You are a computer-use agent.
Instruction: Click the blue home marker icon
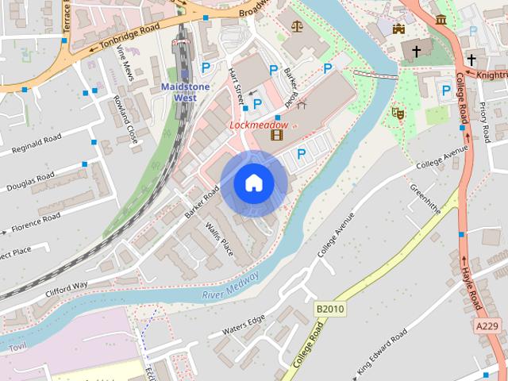click(253, 183)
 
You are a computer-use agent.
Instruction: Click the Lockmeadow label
click(260, 125)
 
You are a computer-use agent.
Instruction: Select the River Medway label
click(231, 285)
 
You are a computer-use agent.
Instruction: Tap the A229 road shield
click(488, 325)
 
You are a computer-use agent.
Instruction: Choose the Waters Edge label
click(244, 325)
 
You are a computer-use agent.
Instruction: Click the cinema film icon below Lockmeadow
click(276, 136)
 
